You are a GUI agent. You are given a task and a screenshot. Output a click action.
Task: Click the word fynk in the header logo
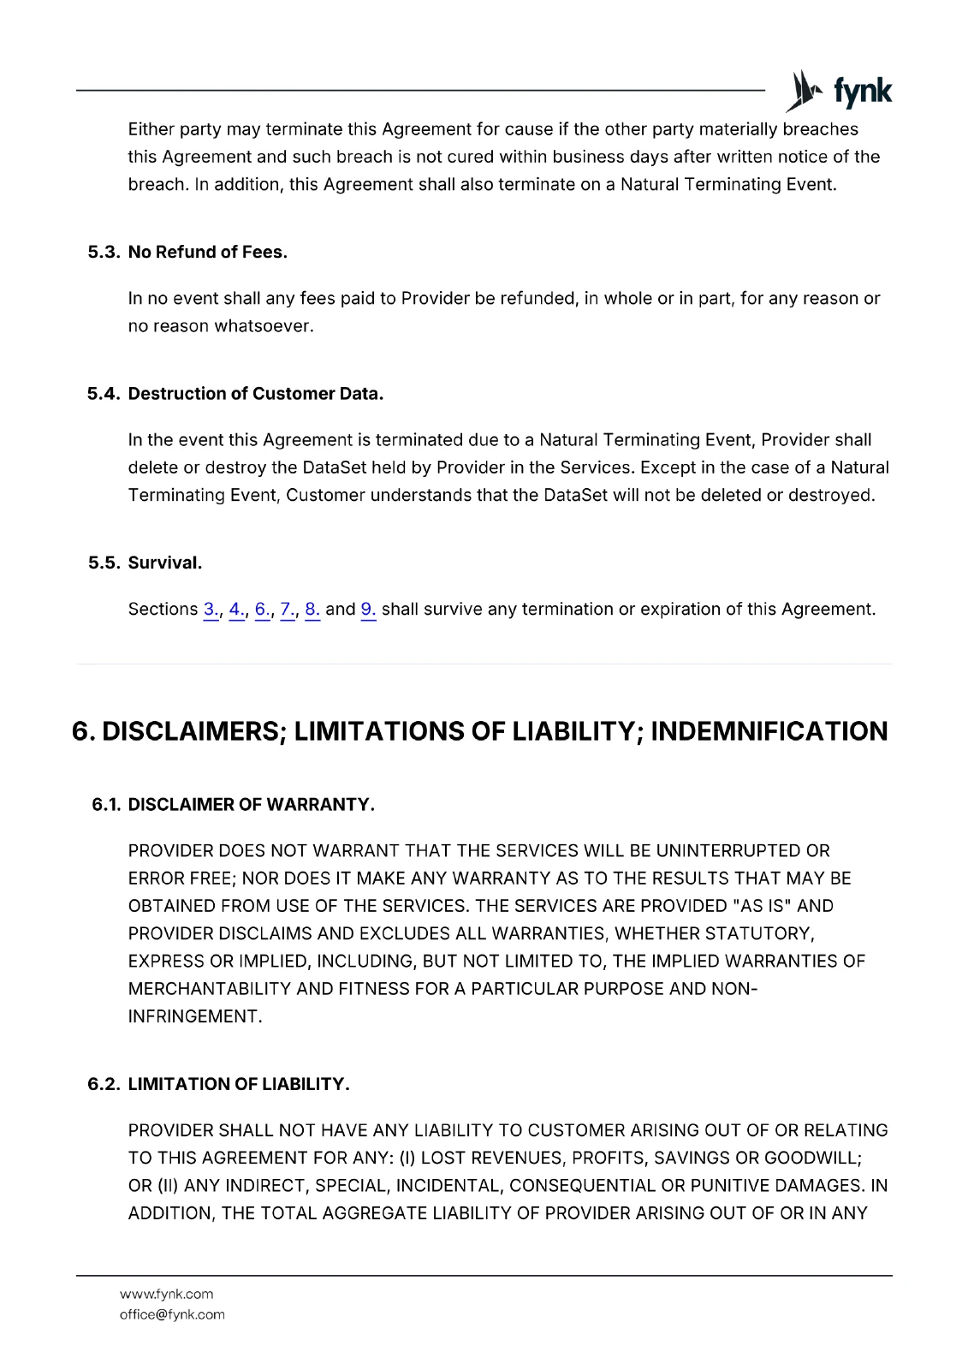pos(862,91)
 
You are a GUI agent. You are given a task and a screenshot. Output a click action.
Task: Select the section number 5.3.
pos(104,252)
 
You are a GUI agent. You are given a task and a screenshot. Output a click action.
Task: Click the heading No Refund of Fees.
pos(207,252)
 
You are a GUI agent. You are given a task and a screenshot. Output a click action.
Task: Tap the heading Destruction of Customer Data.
pos(255,394)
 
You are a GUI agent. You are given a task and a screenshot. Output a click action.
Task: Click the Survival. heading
pos(164,563)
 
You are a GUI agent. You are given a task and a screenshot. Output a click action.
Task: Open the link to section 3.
pos(211,609)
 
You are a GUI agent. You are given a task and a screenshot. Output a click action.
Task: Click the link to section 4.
pos(236,609)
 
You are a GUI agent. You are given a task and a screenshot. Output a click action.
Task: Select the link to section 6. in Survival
pos(262,609)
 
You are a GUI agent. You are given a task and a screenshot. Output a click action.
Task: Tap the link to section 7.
pos(288,609)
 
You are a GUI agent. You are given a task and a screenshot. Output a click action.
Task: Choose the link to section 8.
pos(312,609)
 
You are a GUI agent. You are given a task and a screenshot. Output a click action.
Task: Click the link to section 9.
pos(368,609)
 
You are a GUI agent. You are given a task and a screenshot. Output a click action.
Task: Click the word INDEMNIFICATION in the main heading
pos(769,731)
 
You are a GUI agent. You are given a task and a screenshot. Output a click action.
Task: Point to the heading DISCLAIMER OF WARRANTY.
pos(251,805)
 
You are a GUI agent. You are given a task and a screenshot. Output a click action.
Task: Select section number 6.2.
pos(104,1084)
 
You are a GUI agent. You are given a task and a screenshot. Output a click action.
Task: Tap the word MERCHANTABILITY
pos(210,989)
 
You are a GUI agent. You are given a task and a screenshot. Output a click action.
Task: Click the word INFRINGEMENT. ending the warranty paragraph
pos(194,1016)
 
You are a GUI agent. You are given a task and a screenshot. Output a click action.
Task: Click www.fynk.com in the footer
pos(166,1294)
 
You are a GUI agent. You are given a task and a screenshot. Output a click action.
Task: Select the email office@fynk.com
pos(172,1314)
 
